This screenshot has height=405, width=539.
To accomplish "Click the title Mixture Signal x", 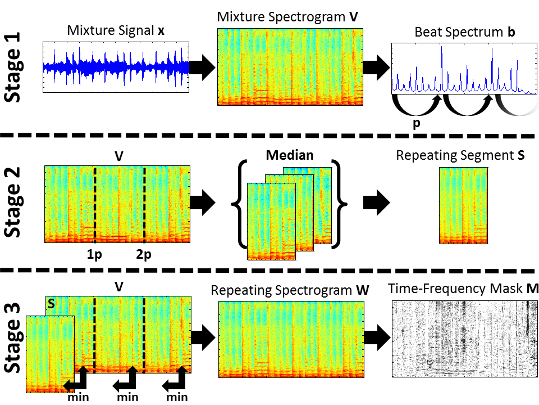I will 116,31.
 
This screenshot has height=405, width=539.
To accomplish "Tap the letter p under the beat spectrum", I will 416,124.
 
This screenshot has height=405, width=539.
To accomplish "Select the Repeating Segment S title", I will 460,155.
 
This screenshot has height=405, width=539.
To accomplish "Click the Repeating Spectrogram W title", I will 290,291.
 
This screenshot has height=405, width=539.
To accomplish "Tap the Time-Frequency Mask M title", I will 463,289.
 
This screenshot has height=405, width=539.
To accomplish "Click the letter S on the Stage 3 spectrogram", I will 51,304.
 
